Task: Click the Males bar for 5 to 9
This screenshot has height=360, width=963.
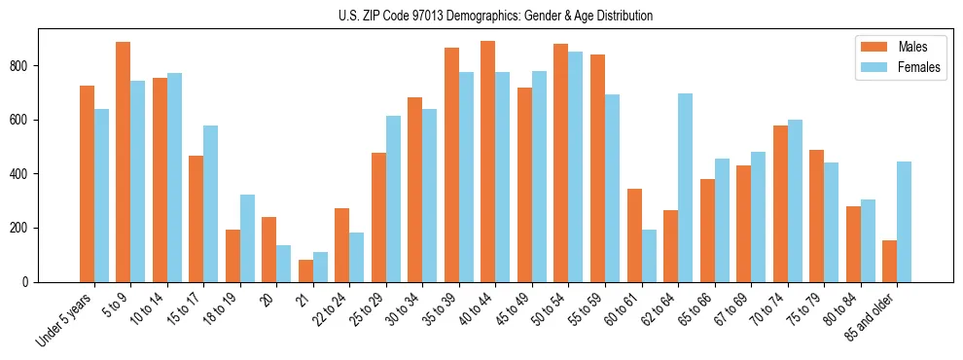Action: [124, 162]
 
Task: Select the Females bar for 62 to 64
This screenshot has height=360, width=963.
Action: [685, 188]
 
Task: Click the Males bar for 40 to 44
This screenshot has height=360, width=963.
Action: [488, 162]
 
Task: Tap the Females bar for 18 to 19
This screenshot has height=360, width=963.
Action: [247, 238]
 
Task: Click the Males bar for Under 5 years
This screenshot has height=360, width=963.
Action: [87, 184]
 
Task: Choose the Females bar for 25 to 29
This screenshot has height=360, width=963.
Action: [393, 198]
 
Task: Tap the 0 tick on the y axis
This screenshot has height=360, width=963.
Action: [32, 282]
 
